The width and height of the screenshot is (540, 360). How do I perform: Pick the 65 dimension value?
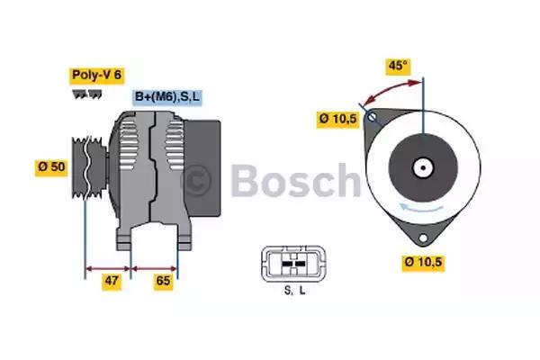tap(164, 281)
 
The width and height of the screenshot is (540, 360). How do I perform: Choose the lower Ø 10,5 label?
tap(425, 263)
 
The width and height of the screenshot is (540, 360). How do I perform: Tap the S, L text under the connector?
tap(293, 289)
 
